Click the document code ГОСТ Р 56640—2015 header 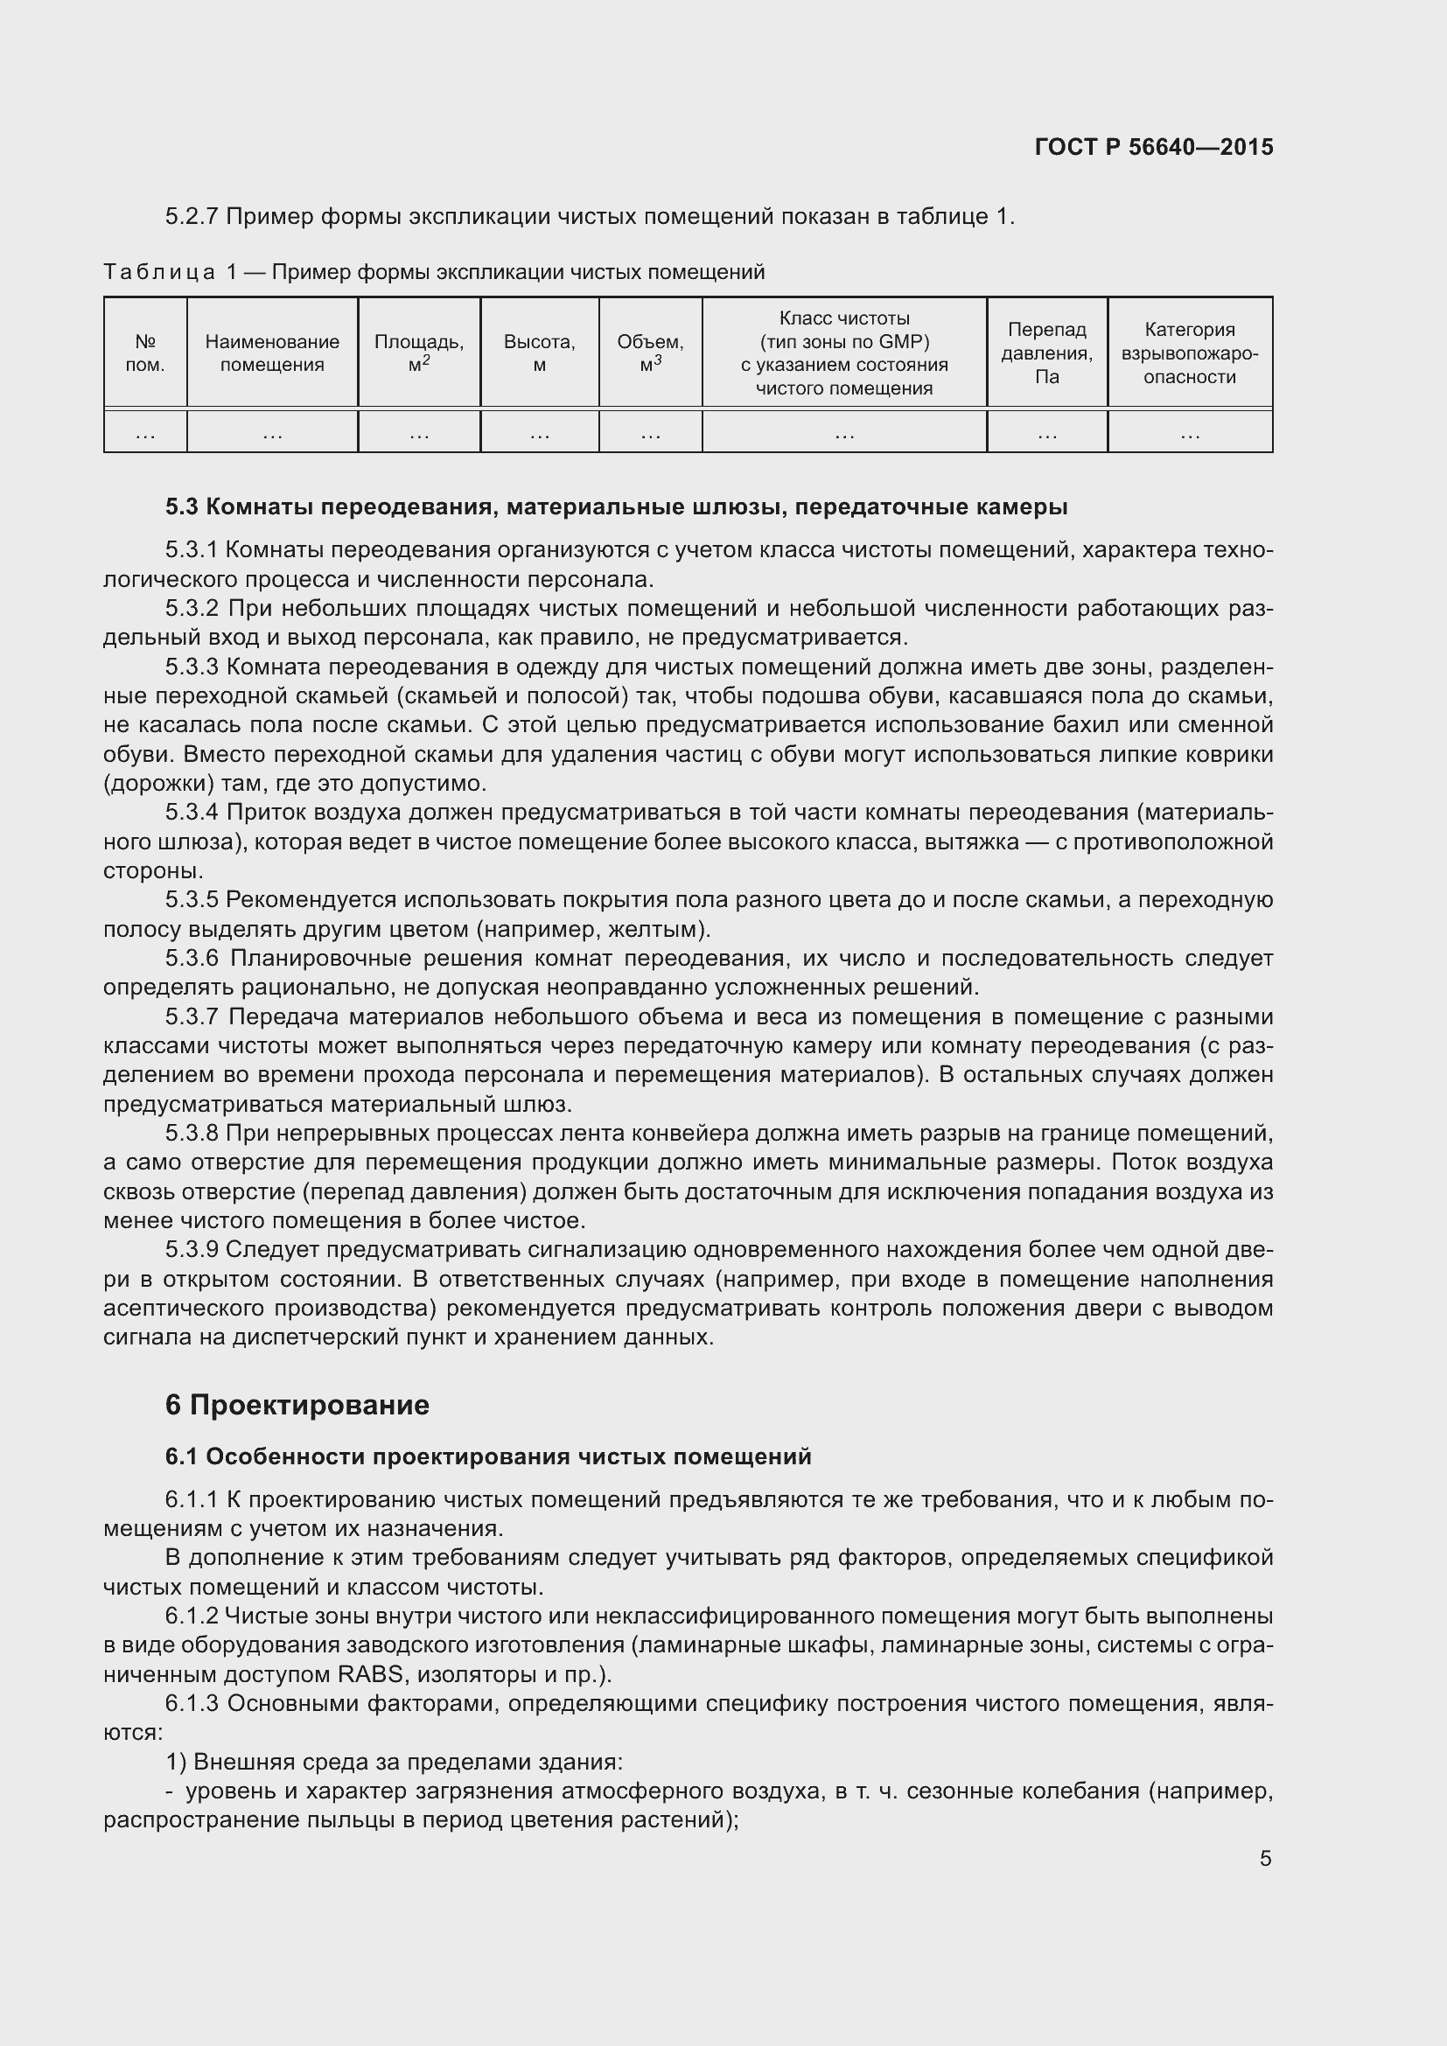click(1154, 148)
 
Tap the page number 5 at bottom click(1265, 1858)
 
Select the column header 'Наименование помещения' click(272, 353)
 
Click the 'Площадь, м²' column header click(419, 353)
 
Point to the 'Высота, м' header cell click(539, 353)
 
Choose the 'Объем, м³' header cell click(650, 353)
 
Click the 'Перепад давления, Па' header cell click(1047, 353)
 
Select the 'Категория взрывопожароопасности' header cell click(1190, 353)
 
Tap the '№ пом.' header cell click(145, 353)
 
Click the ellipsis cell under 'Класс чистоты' click(843, 434)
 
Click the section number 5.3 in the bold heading click(181, 507)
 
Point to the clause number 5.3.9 click(192, 1250)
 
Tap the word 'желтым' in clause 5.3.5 click(656, 930)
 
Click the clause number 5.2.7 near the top click(192, 217)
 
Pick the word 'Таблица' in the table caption click(158, 272)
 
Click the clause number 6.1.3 click(192, 1704)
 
